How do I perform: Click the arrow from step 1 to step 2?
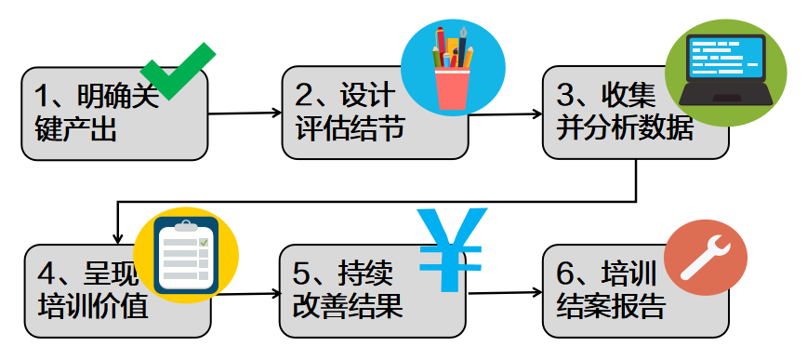pyautogui.click(x=245, y=113)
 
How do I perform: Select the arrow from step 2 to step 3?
pyautogui.click(x=506, y=114)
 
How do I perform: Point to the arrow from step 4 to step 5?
pyautogui.click(x=245, y=294)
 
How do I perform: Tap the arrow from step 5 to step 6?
pyautogui.click(x=506, y=293)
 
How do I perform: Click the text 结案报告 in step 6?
pyautogui.click(x=609, y=307)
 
